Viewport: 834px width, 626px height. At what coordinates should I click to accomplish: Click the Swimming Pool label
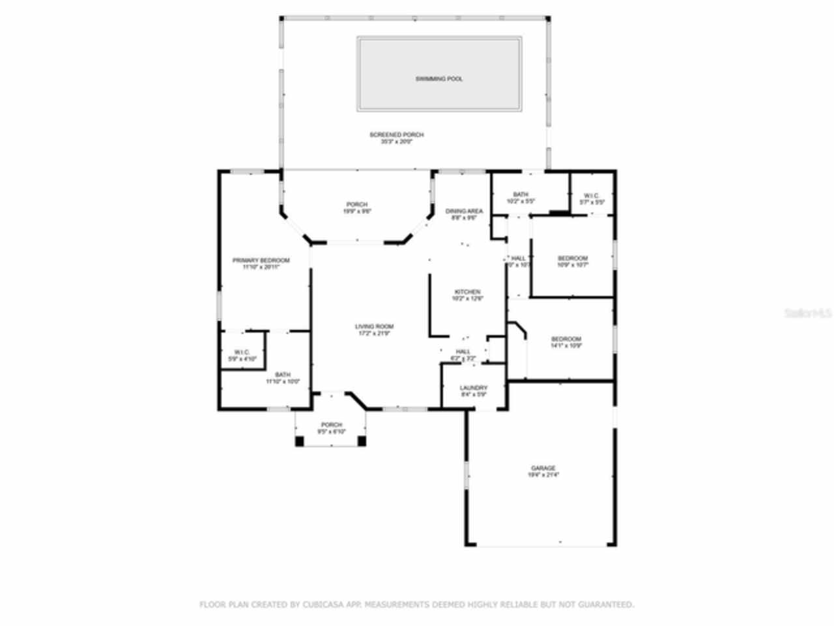coord(439,79)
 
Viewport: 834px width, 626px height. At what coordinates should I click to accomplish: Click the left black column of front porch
coord(300,441)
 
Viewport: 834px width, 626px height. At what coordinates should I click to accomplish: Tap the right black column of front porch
coord(362,441)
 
